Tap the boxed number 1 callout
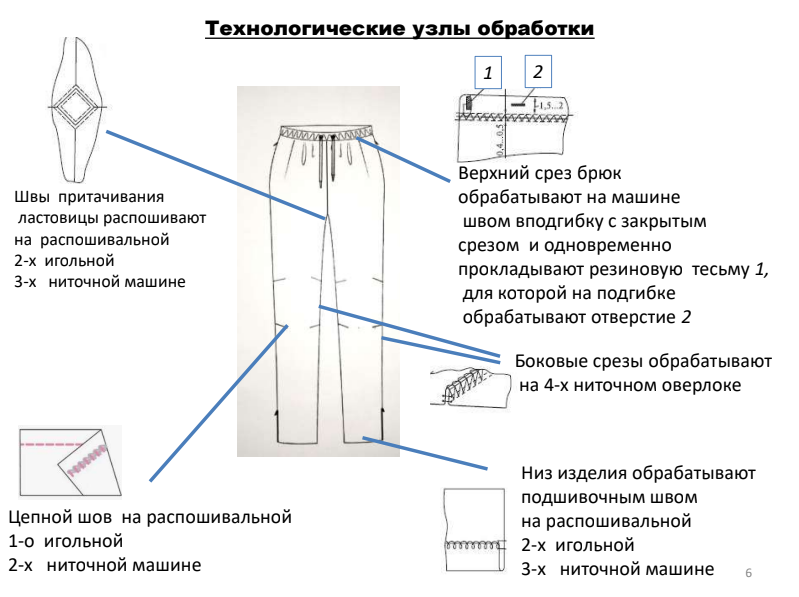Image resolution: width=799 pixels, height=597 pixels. click(487, 73)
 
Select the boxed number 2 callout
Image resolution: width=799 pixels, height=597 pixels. click(538, 72)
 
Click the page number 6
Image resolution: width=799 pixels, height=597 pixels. click(749, 573)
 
